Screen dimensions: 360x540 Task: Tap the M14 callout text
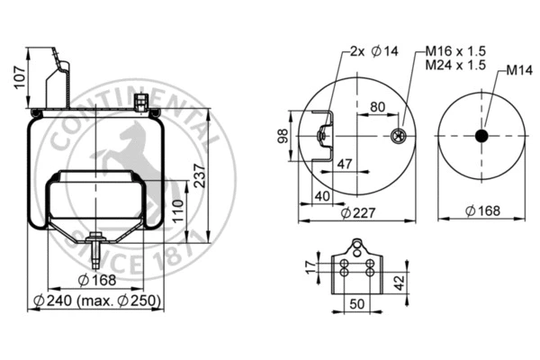[x=517, y=69]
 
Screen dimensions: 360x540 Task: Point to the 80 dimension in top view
[x=377, y=106]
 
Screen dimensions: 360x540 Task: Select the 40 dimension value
[x=323, y=195]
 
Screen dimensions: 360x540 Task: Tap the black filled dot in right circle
[x=480, y=136]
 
